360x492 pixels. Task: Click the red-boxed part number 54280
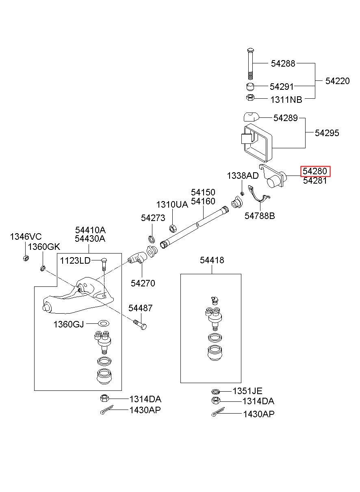coord(315,171)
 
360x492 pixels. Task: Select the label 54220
coord(337,81)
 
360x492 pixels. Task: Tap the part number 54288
coord(283,63)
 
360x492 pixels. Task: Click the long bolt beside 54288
coord(250,64)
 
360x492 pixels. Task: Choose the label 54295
coord(327,133)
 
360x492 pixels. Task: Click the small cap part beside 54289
coord(251,117)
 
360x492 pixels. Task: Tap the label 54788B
coord(260,216)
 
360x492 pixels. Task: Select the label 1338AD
coord(243,176)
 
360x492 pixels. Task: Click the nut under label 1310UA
coord(172,228)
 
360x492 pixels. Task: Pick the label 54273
coord(153,218)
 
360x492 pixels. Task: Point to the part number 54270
coord(143,283)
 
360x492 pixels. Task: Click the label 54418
coord(212,260)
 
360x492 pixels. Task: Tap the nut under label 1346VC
coord(25,258)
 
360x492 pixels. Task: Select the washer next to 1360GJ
coord(104,323)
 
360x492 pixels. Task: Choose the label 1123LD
coord(75,261)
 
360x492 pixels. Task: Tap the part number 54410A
coord(90,230)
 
